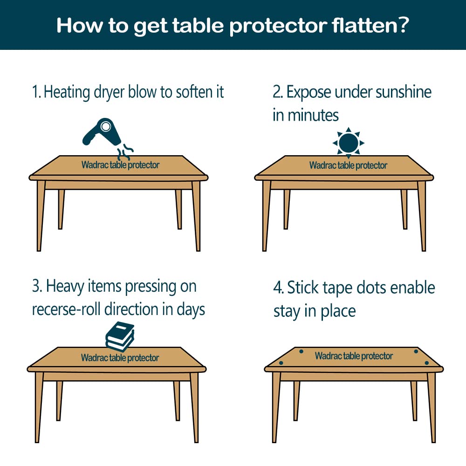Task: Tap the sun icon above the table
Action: [348, 143]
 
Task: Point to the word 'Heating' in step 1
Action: [67, 92]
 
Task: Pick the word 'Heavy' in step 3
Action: [65, 287]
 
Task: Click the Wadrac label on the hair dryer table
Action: [120, 164]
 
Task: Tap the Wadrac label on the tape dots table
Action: [354, 356]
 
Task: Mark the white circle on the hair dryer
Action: [105, 126]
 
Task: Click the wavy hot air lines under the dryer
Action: [125, 151]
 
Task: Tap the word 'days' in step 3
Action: [191, 310]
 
